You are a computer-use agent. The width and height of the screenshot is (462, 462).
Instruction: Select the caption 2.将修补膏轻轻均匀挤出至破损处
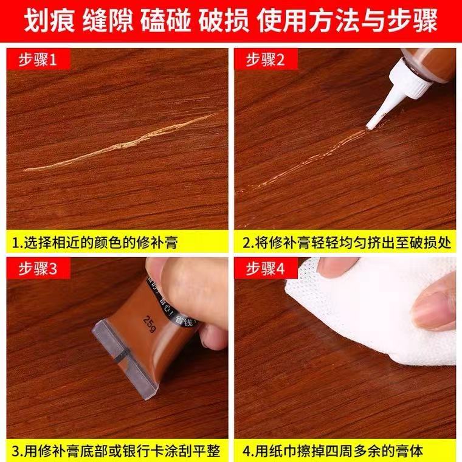(346, 243)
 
